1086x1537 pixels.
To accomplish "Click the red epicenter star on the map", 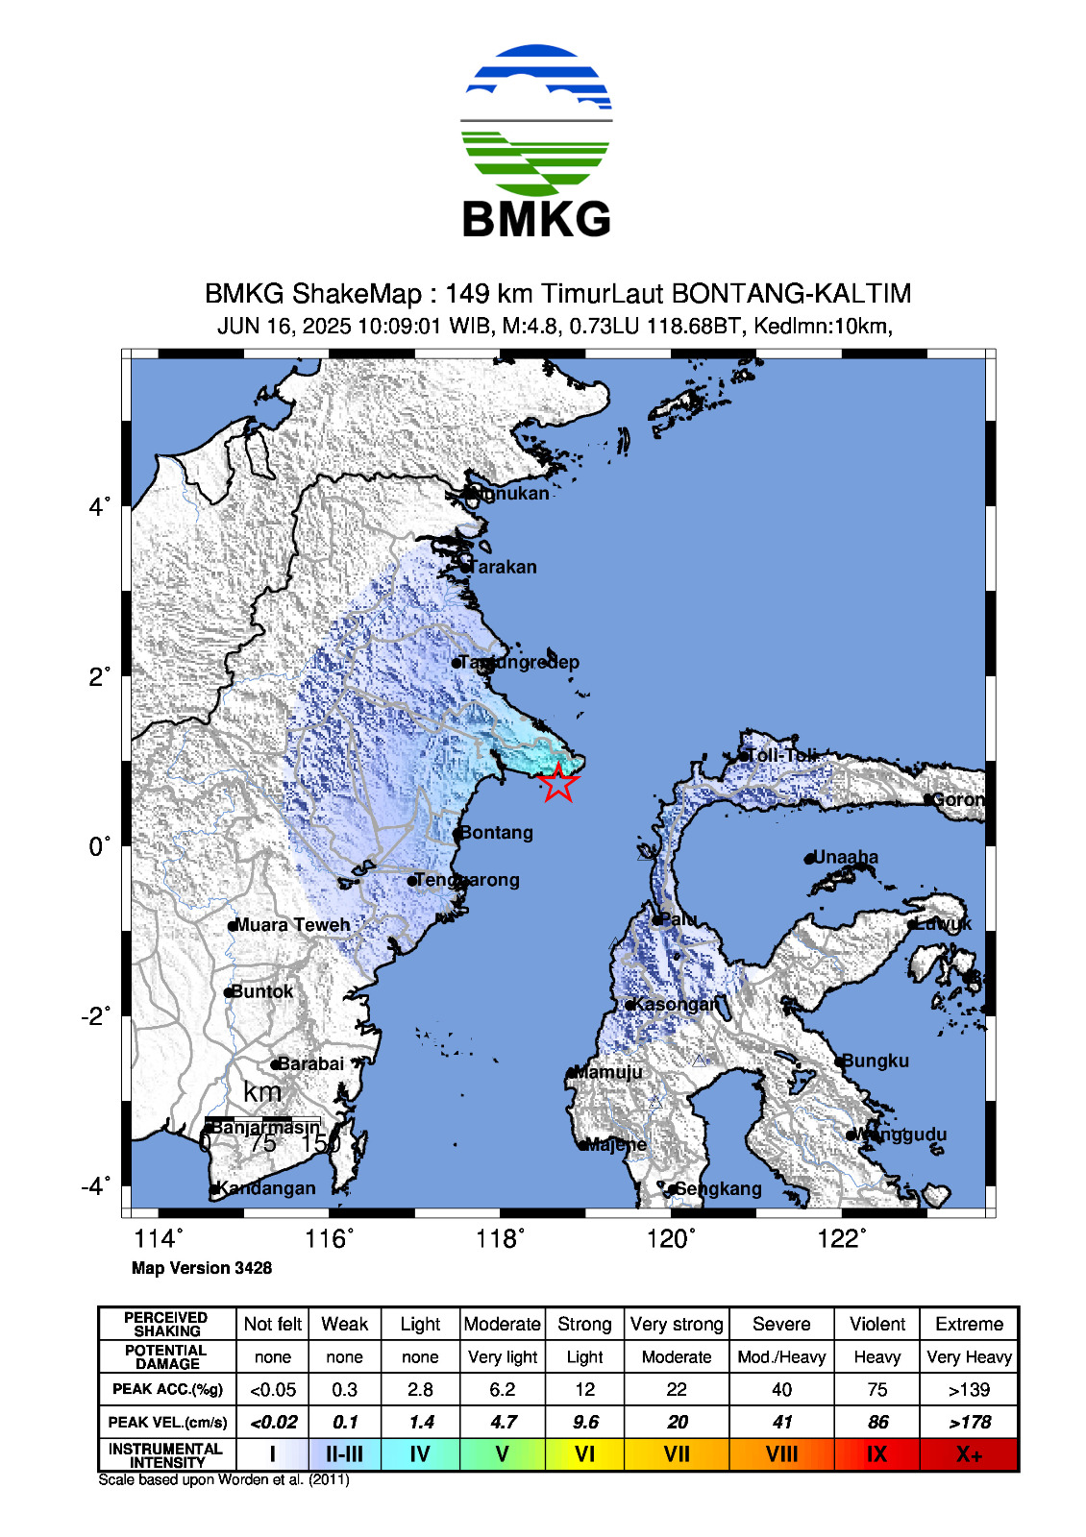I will tap(558, 783).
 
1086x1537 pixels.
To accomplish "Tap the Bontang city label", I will tap(496, 833).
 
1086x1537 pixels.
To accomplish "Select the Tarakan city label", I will tap(504, 567).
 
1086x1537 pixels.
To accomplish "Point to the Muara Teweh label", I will tap(292, 925).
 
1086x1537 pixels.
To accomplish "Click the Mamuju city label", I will tap(608, 1072).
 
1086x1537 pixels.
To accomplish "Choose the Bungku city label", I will tap(876, 1061).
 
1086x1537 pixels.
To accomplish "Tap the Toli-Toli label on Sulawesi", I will tap(781, 755).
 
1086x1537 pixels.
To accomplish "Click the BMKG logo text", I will tap(536, 219).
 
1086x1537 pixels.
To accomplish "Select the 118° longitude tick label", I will tap(500, 1239).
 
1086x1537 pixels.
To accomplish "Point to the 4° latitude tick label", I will tap(100, 506).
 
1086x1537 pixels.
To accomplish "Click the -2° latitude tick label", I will tap(96, 1016).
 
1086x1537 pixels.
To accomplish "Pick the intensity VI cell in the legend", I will tap(584, 1454).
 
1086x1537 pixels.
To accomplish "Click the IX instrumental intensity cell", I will tap(876, 1454).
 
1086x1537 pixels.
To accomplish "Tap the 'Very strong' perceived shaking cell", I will tap(677, 1324).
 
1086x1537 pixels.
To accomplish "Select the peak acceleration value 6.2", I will tap(502, 1389).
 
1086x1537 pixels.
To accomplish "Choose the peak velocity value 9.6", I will tap(584, 1422).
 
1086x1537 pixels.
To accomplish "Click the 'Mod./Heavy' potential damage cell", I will tap(781, 1356).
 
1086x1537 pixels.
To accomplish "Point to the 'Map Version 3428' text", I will tap(202, 1268).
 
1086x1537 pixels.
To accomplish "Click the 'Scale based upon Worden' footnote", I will tap(223, 1479).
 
